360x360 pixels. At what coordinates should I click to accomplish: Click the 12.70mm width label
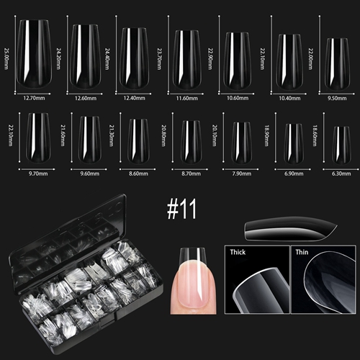[x=34, y=98]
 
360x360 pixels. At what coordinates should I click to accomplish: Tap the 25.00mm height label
[x=6, y=58]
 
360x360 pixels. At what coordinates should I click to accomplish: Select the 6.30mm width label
[x=341, y=174]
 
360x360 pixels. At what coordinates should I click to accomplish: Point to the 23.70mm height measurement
[x=159, y=59]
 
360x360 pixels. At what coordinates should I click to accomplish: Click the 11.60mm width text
[x=187, y=98]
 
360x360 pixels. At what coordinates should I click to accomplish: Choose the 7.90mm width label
[x=242, y=174]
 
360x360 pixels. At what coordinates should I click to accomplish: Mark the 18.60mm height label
[x=315, y=135]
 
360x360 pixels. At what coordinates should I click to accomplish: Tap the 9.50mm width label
[x=337, y=98]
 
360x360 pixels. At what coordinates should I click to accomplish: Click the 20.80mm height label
[x=163, y=135]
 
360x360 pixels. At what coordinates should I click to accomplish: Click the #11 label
[x=181, y=209]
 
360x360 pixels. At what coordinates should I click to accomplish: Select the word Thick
[x=238, y=252]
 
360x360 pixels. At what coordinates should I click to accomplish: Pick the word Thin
[x=302, y=252]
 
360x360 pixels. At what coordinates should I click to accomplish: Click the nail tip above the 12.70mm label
[x=34, y=54]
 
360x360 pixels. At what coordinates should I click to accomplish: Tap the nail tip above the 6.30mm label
[x=341, y=145]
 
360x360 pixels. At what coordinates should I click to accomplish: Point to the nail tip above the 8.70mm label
[x=191, y=142]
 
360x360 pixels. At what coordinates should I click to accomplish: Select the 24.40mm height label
[x=107, y=59]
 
